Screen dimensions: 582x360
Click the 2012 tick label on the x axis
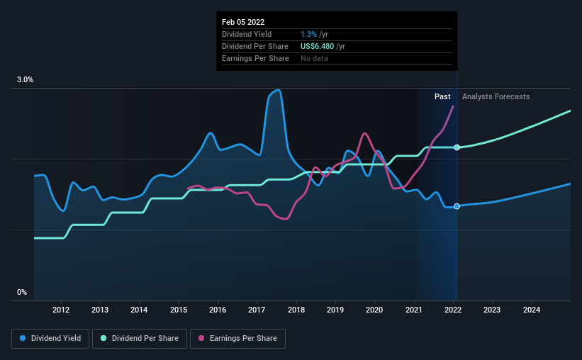(61, 310)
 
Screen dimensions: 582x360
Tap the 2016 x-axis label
(218, 310)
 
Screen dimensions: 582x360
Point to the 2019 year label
(335, 310)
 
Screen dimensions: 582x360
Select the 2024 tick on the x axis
(532, 310)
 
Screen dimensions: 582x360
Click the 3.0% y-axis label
(25, 80)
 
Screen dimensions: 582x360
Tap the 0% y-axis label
(22, 293)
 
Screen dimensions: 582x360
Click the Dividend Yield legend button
(50, 339)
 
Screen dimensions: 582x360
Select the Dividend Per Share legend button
(140, 339)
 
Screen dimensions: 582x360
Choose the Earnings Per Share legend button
(238, 339)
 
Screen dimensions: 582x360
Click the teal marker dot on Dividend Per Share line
(457, 147)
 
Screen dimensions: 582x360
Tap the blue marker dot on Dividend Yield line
(457, 206)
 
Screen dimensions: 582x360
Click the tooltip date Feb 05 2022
(243, 22)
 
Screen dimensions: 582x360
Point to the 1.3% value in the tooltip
(309, 34)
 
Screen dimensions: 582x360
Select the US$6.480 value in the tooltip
(318, 46)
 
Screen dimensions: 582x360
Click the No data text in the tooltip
(314, 58)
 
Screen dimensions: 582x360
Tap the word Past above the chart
(442, 96)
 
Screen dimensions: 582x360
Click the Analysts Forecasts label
(496, 96)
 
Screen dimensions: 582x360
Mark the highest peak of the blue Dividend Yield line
(277, 90)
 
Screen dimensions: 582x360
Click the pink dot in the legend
(201, 338)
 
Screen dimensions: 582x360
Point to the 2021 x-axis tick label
(413, 310)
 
